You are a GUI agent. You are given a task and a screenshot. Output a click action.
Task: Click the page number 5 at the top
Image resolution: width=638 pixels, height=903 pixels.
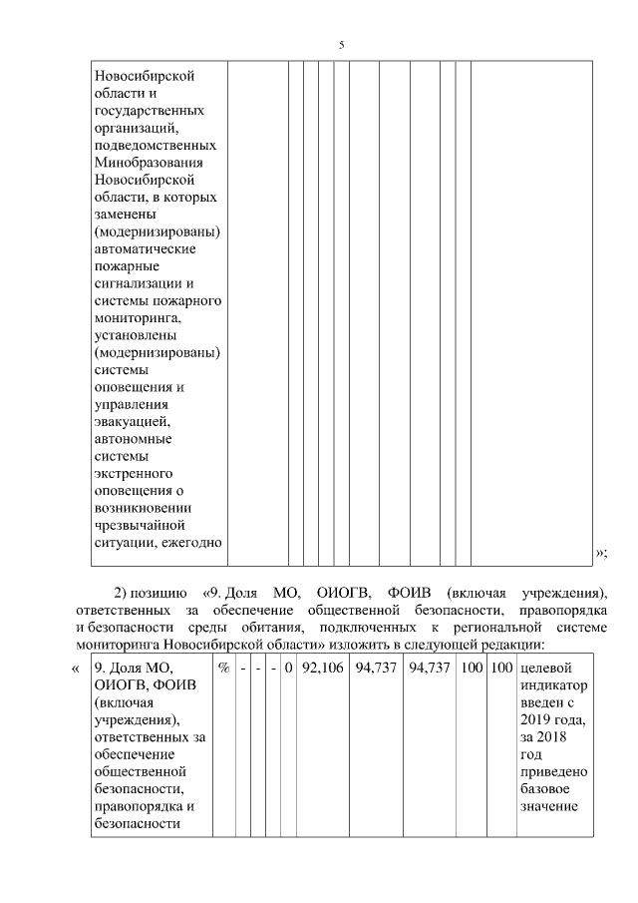(342, 46)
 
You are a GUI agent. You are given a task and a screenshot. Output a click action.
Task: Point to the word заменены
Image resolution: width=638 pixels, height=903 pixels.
(127, 215)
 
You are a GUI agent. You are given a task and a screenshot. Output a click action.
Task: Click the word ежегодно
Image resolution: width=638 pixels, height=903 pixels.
(189, 542)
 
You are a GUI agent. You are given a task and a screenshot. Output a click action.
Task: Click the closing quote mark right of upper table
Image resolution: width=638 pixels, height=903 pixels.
(601, 552)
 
